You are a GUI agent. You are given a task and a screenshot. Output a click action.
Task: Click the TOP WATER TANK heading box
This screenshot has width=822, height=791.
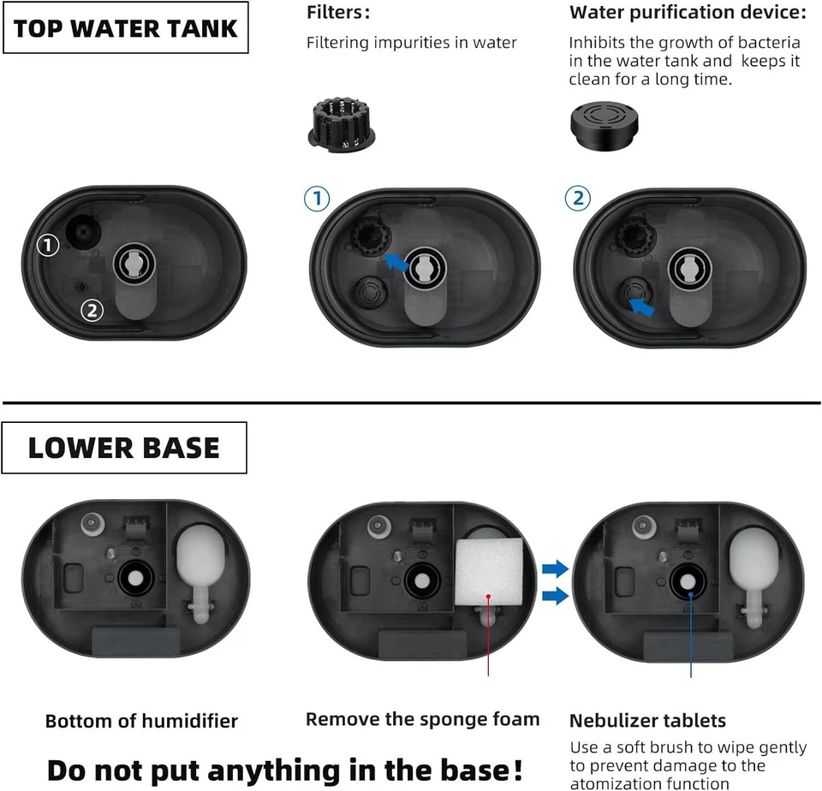tap(125, 27)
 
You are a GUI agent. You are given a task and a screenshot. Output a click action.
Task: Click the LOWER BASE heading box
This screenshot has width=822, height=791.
tap(124, 448)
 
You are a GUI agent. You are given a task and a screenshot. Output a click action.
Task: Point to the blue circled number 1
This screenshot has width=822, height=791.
tap(317, 199)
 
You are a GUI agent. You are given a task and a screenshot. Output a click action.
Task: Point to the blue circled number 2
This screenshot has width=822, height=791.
tap(578, 199)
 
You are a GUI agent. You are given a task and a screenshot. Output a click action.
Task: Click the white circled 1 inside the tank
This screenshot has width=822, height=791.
tap(48, 246)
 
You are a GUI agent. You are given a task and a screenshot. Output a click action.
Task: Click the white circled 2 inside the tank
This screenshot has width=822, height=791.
tap(92, 310)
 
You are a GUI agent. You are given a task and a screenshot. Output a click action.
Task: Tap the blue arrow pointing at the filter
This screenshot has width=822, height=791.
tap(396, 261)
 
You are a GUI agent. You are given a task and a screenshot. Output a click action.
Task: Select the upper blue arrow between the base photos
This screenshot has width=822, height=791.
tap(555, 568)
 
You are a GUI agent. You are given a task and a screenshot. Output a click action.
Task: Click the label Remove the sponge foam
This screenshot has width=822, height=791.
tap(423, 719)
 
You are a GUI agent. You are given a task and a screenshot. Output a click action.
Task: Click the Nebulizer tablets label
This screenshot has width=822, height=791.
tap(647, 721)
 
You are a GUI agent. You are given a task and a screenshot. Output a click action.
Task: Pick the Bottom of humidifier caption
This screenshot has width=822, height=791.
tap(141, 722)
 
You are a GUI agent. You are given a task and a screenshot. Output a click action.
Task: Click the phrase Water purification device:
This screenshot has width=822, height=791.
tap(688, 13)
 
